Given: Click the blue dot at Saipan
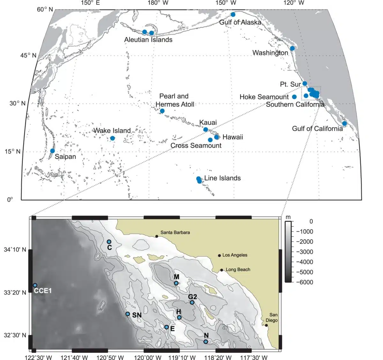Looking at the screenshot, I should click(x=52, y=151).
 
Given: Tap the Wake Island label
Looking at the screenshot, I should click(x=112, y=131).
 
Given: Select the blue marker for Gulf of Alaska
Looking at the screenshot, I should click(x=233, y=14).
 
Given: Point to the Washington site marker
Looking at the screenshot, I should click(x=292, y=48).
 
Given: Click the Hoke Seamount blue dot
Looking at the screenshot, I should click(x=294, y=97).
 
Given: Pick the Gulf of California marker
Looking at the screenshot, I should click(x=344, y=124).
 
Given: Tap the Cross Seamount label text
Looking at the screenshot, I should click(x=196, y=146).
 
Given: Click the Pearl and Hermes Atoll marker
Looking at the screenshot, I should click(x=162, y=111).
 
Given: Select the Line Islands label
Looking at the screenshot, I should click(x=222, y=178).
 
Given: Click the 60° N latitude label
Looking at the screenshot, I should click(x=45, y=9).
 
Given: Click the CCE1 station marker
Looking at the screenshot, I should click(x=35, y=285).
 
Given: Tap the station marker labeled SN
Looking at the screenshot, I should click(x=128, y=314).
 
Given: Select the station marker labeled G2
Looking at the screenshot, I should click(x=192, y=303).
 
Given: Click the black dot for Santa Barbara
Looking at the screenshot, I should click(x=157, y=236).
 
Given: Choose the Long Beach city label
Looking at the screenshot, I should click(x=238, y=270).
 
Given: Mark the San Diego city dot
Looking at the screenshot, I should click(x=267, y=326).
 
